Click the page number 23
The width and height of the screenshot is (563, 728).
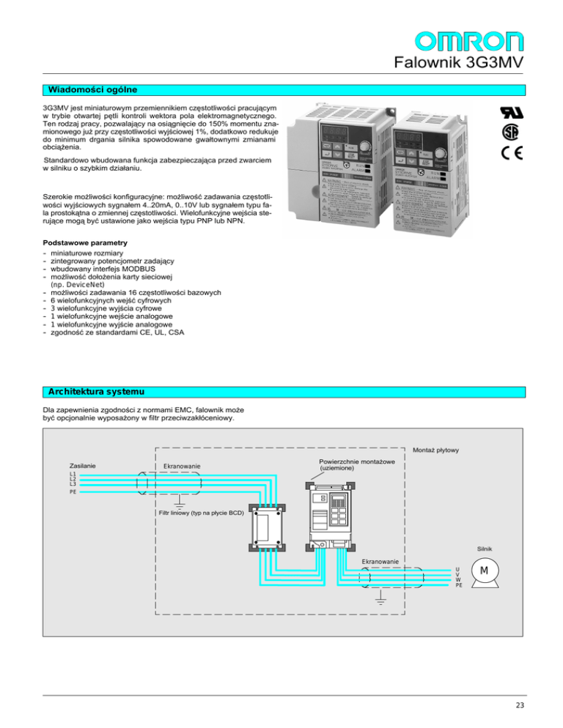coord(520,705)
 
